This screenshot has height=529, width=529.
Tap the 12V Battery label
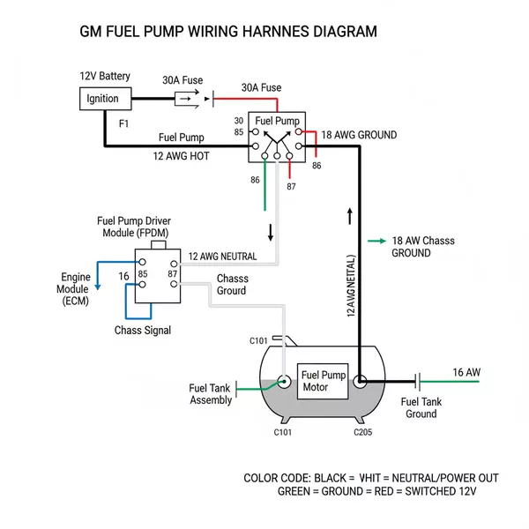click(105, 76)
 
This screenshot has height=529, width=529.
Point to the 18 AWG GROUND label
click(359, 135)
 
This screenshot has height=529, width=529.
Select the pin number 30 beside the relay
click(239, 121)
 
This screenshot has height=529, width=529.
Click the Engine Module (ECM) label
click(75, 289)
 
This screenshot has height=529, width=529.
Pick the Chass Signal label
click(143, 331)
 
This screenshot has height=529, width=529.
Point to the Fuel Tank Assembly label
click(211, 394)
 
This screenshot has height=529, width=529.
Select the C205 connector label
click(364, 432)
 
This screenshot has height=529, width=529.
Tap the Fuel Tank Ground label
click(421, 407)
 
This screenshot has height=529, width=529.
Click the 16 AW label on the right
click(466, 372)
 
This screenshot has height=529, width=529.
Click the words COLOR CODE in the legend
click(276, 478)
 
